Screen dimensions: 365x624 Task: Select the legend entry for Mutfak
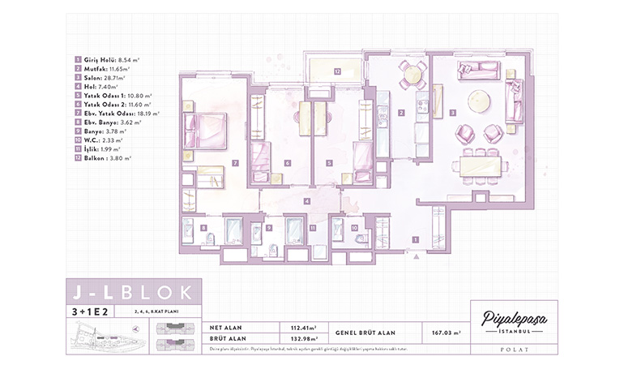[102, 69]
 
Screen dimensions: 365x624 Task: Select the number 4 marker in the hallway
[306, 200]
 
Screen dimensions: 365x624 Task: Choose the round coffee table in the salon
[479, 101]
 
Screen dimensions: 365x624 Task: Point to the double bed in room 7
[204, 131]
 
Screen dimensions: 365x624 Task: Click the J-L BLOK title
[129, 292]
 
